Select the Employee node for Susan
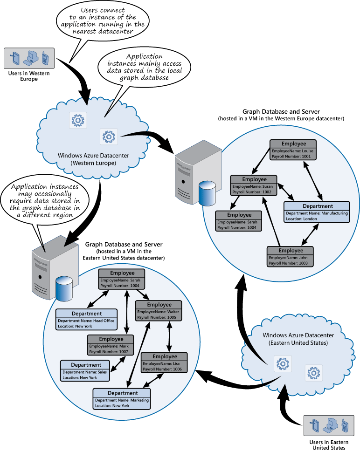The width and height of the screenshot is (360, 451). (254, 185)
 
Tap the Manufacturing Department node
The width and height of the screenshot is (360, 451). (318, 212)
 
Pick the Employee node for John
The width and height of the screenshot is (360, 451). (290, 256)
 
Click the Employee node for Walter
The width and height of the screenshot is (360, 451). (158, 310)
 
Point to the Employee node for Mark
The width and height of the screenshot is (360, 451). (111, 345)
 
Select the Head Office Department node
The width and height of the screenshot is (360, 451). (86, 320)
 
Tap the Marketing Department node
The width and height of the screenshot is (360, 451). (122, 399)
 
